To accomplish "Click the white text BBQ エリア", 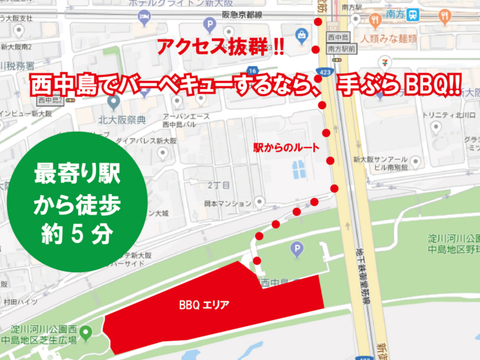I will pos(204,303).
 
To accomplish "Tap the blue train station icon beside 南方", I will pos(413,14).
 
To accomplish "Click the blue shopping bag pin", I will pos(300,34).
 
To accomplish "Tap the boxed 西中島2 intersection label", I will pos(52,100).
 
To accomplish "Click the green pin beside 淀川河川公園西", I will pos(86,334).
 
